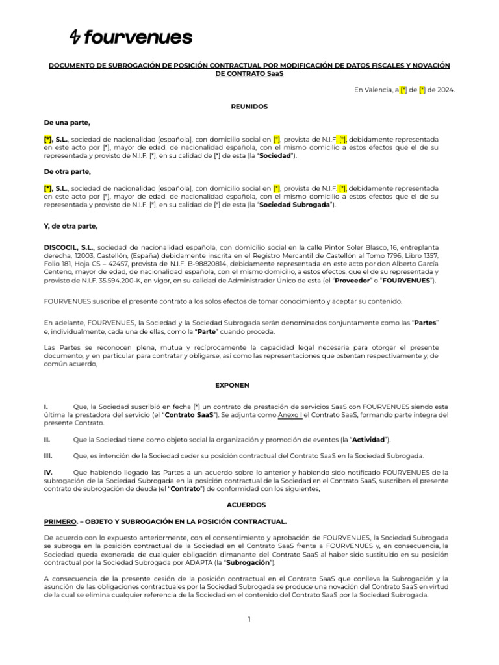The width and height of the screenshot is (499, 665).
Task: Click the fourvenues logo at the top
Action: pyautogui.click(x=131, y=38)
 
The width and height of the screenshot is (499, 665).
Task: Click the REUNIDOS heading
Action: pyautogui.click(x=249, y=106)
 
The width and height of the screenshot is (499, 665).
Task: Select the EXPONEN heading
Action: pyautogui.click(x=233, y=385)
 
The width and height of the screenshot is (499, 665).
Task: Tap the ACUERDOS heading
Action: pyautogui.click(x=246, y=504)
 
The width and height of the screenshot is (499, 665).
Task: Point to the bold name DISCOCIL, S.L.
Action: pyautogui.click(x=69, y=247)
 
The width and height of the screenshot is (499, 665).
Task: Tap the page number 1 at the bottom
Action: pyautogui.click(x=249, y=620)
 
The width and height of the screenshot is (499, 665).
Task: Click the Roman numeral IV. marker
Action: pyautogui.click(x=48, y=472)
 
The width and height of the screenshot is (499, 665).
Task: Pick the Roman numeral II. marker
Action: pyautogui.click(x=47, y=440)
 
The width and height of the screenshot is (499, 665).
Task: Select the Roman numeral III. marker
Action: pyautogui.click(x=48, y=456)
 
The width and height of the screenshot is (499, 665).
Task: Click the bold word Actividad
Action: pyautogui.click(x=368, y=440)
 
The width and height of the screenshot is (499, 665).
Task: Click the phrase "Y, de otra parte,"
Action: pyautogui.click(x=71, y=226)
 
